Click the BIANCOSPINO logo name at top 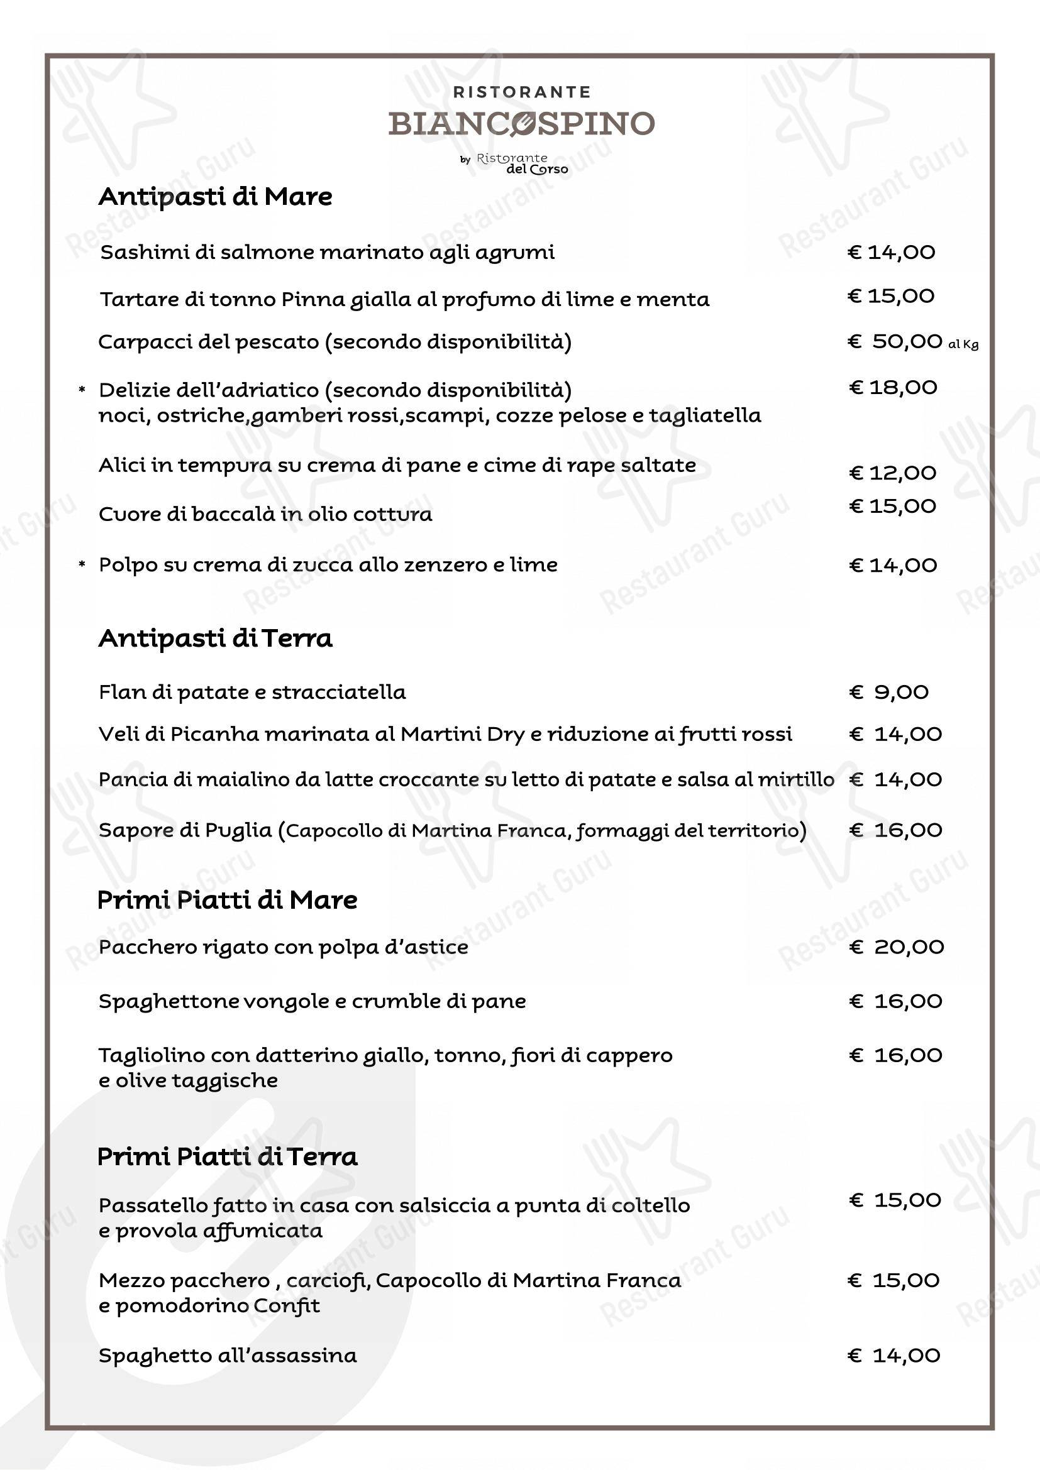click(x=521, y=123)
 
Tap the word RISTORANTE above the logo click(x=521, y=92)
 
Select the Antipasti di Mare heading click(x=215, y=197)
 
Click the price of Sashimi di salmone click(x=891, y=252)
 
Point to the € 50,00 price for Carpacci click(x=895, y=341)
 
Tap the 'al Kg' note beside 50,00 click(x=963, y=344)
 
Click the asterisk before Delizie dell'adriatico click(x=82, y=390)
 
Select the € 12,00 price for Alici click(x=892, y=473)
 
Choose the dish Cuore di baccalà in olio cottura click(x=265, y=514)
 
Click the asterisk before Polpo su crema click(x=82, y=565)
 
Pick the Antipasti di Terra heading click(x=215, y=639)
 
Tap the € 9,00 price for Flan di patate click(x=889, y=692)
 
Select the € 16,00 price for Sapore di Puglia click(x=895, y=830)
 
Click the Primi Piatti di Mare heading click(x=228, y=900)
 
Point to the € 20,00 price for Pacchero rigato click(x=896, y=947)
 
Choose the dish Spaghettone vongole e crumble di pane click(x=312, y=1001)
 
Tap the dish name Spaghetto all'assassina click(x=228, y=1356)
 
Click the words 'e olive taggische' click(x=187, y=1081)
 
